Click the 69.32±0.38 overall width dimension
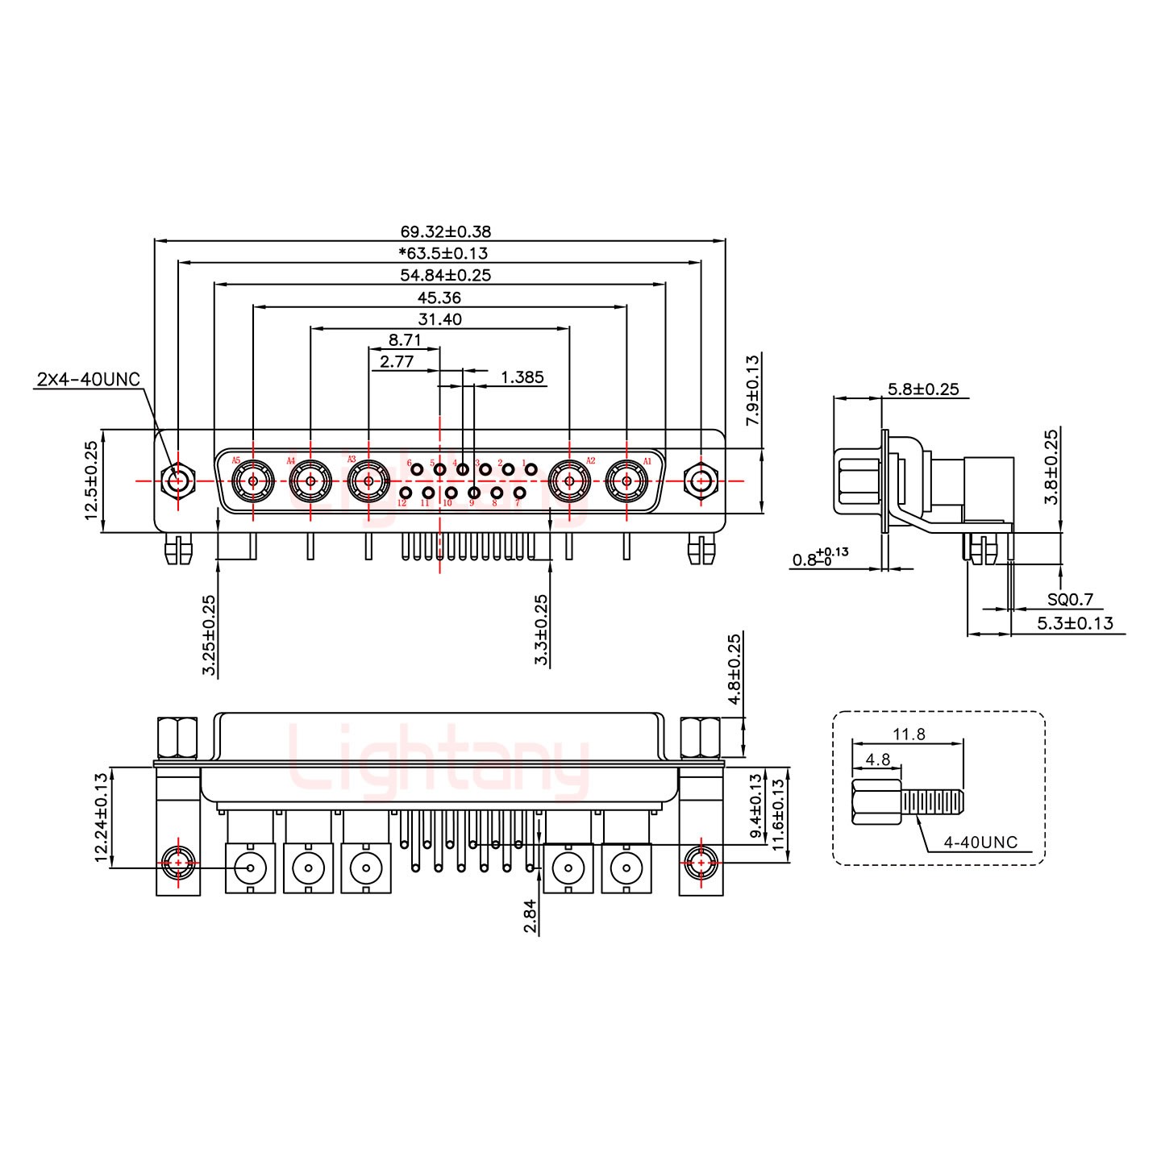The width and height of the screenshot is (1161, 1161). point(439,231)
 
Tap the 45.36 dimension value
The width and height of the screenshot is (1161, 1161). point(439,298)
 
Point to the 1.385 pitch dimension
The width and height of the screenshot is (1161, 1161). point(522,377)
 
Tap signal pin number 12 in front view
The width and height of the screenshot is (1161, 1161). point(406,492)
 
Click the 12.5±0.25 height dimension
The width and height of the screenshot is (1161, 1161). point(90,481)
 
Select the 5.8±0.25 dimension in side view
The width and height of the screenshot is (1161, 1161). point(923,389)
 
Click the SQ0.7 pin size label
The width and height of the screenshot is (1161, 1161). point(1071,599)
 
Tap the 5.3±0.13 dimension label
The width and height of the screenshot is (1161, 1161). point(1074,622)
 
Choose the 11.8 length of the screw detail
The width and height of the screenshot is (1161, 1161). point(908,734)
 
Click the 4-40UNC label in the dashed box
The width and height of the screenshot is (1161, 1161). point(980,843)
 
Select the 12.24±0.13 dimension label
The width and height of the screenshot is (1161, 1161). point(101,818)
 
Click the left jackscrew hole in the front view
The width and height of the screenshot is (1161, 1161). point(177,481)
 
